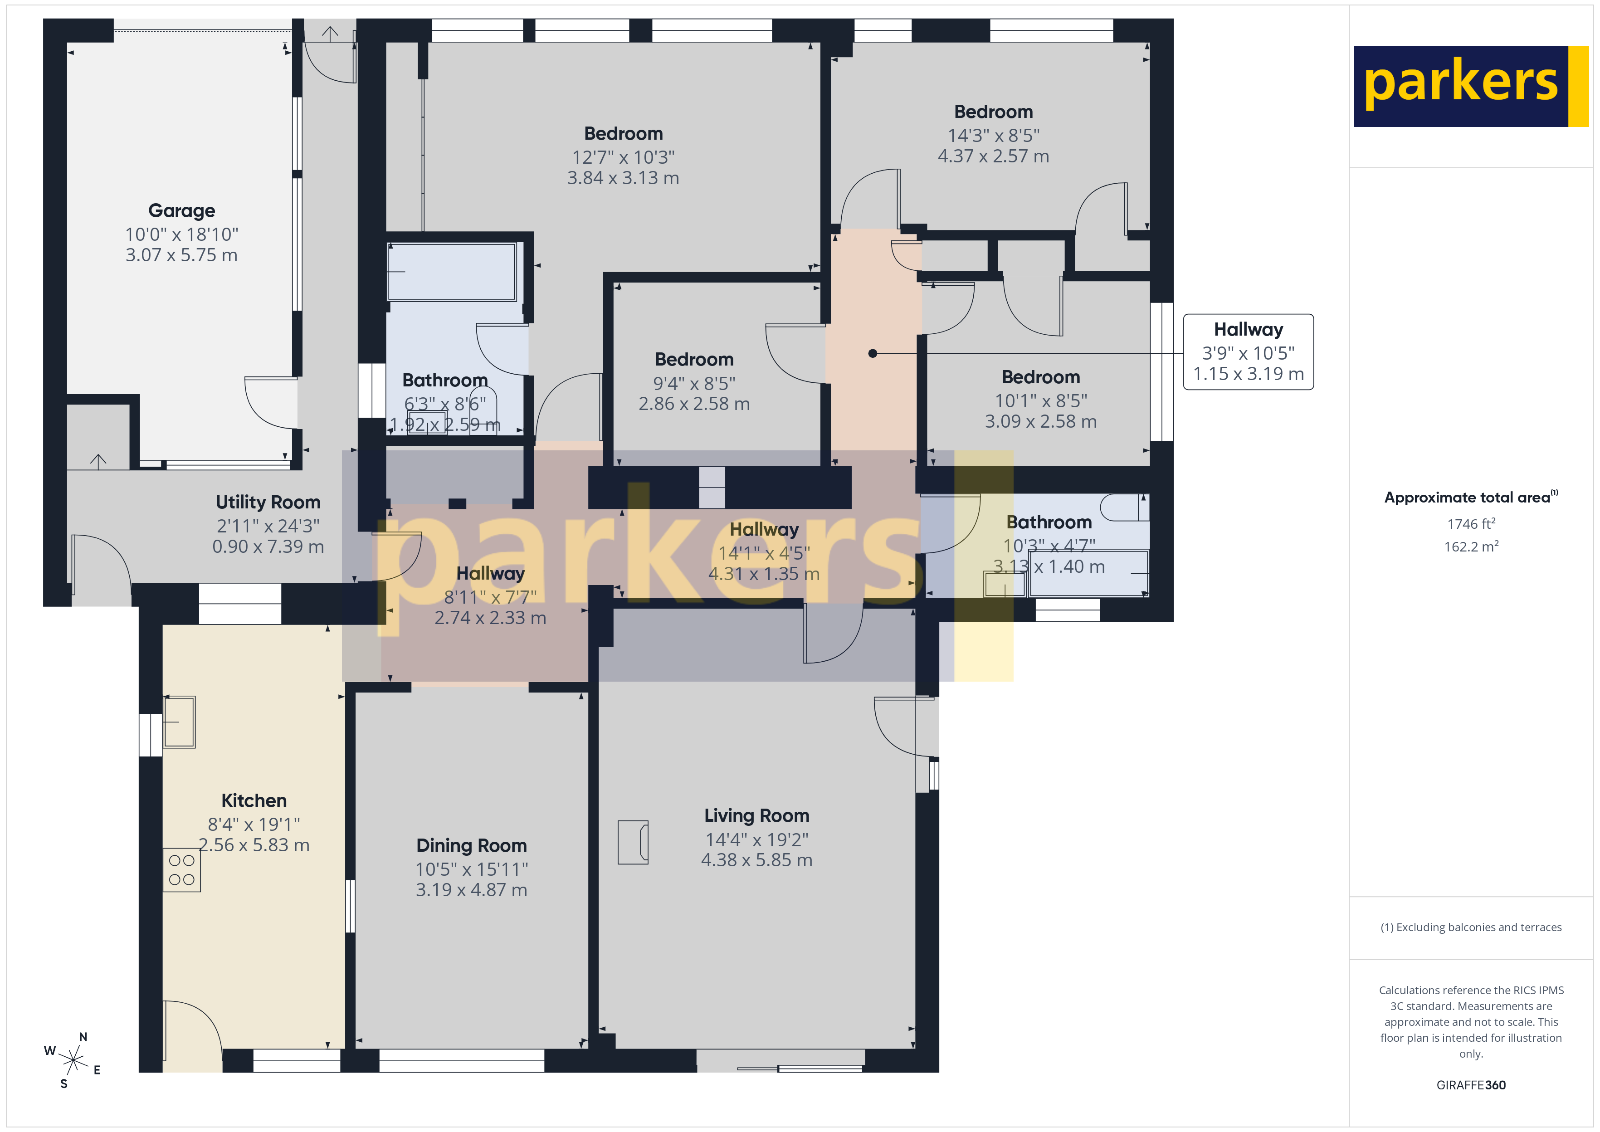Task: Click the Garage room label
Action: click(181, 210)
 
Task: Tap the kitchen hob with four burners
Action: click(182, 869)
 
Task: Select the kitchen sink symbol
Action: click(179, 722)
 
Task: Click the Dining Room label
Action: click(471, 845)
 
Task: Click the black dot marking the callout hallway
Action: click(873, 353)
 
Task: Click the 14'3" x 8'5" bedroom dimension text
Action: click(993, 135)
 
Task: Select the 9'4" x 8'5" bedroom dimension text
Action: click(694, 383)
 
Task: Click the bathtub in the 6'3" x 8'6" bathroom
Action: click(452, 272)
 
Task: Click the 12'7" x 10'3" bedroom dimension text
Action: click(623, 157)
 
